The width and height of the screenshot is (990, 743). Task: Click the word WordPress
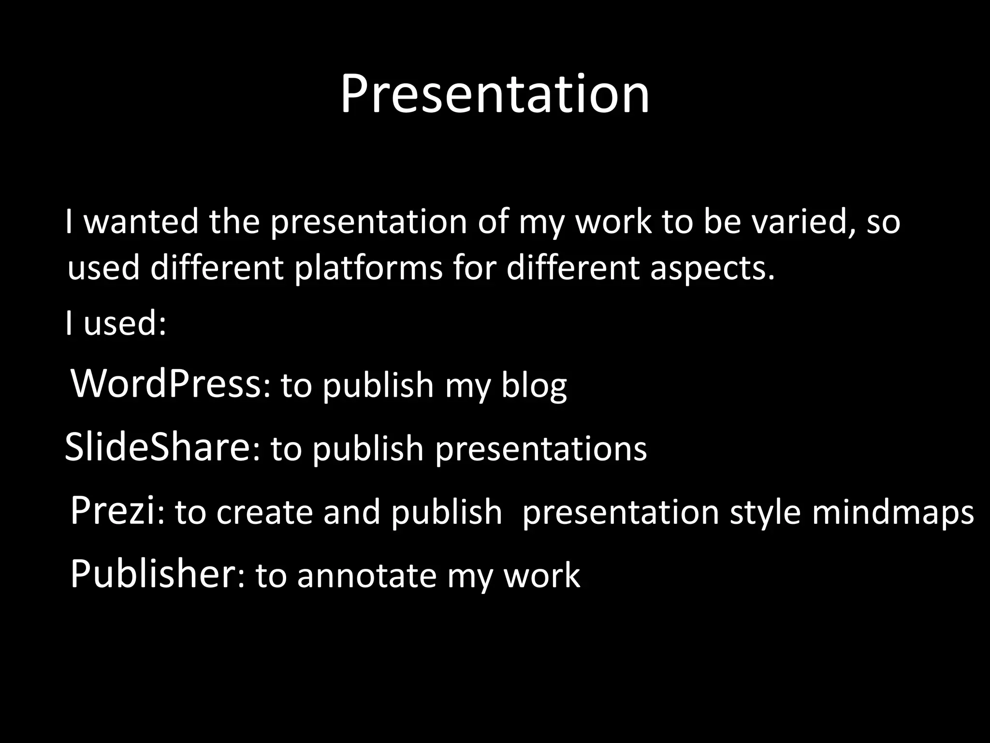166,384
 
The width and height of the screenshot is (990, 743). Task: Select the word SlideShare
157,447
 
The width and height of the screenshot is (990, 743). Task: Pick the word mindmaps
892,513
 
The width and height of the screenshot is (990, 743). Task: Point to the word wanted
141,222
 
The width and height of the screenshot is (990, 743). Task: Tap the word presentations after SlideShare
540,449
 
